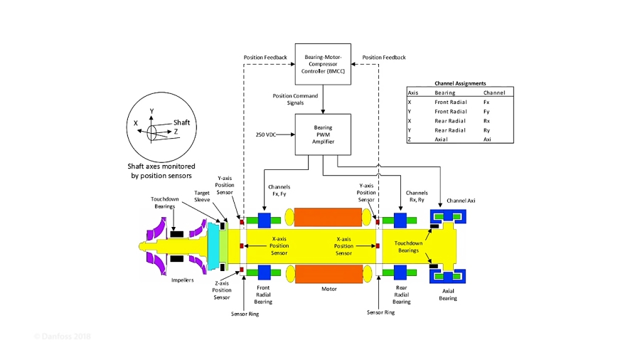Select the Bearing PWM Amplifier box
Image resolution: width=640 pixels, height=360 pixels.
(323, 134)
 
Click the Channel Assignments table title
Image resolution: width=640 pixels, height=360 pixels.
(460, 83)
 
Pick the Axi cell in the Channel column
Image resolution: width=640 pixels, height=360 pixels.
(487, 139)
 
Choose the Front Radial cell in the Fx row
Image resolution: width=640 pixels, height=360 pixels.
(450, 102)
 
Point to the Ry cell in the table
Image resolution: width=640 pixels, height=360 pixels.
(487, 130)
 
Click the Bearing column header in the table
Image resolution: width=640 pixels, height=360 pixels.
(445, 92)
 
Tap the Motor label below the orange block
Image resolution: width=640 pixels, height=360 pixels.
(329, 289)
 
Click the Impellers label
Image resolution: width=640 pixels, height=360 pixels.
(183, 280)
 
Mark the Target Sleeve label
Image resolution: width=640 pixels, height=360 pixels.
(202, 196)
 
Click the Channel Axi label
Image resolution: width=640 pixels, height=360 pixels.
(461, 201)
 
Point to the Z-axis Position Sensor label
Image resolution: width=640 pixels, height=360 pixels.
(222, 290)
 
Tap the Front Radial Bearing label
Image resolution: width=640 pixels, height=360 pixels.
(263, 295)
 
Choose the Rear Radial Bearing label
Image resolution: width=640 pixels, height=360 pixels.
(401, 295)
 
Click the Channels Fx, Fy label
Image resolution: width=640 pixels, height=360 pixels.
(279, 190)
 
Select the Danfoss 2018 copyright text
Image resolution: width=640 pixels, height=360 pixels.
(63, 336)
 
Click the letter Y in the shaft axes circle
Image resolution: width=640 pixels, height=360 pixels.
(151, 111)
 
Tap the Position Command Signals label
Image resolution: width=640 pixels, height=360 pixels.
(295, 99)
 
